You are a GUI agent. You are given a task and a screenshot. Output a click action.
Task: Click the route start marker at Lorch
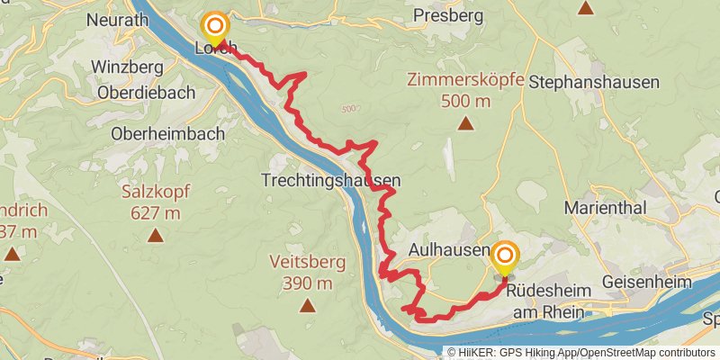(x=215, y=27)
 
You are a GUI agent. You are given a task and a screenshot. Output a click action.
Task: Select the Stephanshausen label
(x=594, y=82)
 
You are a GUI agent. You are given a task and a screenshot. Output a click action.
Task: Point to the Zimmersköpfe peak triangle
(x=465, y=123)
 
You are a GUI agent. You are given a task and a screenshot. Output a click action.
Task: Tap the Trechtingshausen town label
(x=331, y=180)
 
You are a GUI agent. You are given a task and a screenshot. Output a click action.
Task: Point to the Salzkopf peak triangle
(x=155, y=237)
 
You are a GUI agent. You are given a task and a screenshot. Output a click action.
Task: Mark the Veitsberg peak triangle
(x=308, y=306)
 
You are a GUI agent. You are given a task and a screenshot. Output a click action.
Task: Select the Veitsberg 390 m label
(x=301, y=273)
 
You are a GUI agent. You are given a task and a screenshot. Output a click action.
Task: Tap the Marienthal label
(x=606, y=207)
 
